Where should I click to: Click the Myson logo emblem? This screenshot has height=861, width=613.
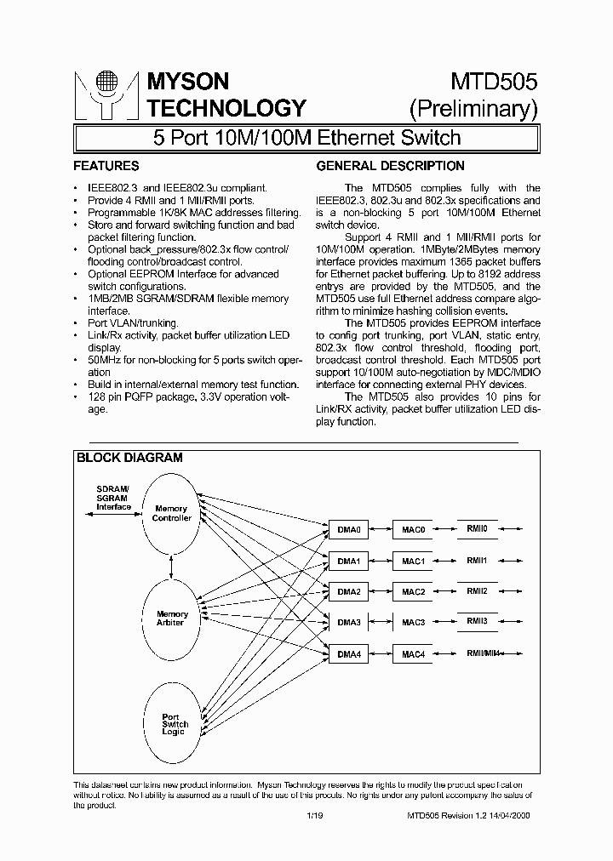point(106,94)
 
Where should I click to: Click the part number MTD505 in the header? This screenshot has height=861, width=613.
point(494,82)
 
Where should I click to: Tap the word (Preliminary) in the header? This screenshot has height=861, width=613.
point(474,109)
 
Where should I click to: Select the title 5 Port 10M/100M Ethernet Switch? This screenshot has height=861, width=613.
point(306,137)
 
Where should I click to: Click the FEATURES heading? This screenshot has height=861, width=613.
point(106,166)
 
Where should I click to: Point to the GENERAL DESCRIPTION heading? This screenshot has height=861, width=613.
point(391,166)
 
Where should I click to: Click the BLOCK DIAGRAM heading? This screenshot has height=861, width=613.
point(129,457)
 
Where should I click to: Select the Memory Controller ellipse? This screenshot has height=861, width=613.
point(172,513)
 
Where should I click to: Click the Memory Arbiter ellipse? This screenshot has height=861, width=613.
point(172,619)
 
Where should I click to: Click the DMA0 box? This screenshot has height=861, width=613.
point(349,530)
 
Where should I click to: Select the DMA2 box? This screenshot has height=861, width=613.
point(349,591)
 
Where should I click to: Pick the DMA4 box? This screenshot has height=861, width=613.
point(349,654)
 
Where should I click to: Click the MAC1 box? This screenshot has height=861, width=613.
point(413,562)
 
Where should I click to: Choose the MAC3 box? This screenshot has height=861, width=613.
point(413,623)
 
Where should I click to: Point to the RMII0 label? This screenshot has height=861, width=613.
point(478,528)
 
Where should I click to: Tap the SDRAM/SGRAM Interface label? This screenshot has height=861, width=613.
point(113,498)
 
